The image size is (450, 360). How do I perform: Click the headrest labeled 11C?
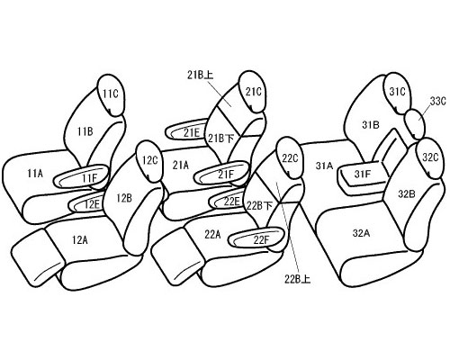click(111, 94)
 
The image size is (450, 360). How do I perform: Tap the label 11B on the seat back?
click(85, 131)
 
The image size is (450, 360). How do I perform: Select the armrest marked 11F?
click(81, 177)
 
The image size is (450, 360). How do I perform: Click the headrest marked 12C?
click(148, 161)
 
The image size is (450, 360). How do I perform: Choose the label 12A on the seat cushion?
click(80, 240)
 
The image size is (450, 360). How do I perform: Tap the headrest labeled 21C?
click(254, 92)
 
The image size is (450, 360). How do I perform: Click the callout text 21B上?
click(201, 76)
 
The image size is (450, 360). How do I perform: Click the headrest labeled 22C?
click(289, 157)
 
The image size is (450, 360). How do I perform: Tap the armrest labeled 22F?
click(256, 238)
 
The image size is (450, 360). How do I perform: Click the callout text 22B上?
click(298, 279)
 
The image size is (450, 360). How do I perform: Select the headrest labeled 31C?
click(397, 93)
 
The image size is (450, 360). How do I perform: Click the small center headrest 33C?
click(415, 124)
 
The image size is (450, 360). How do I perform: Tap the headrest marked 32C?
click(430, 158)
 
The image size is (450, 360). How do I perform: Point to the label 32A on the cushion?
click(361, 233)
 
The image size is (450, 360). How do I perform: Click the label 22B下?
click(260, 206)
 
